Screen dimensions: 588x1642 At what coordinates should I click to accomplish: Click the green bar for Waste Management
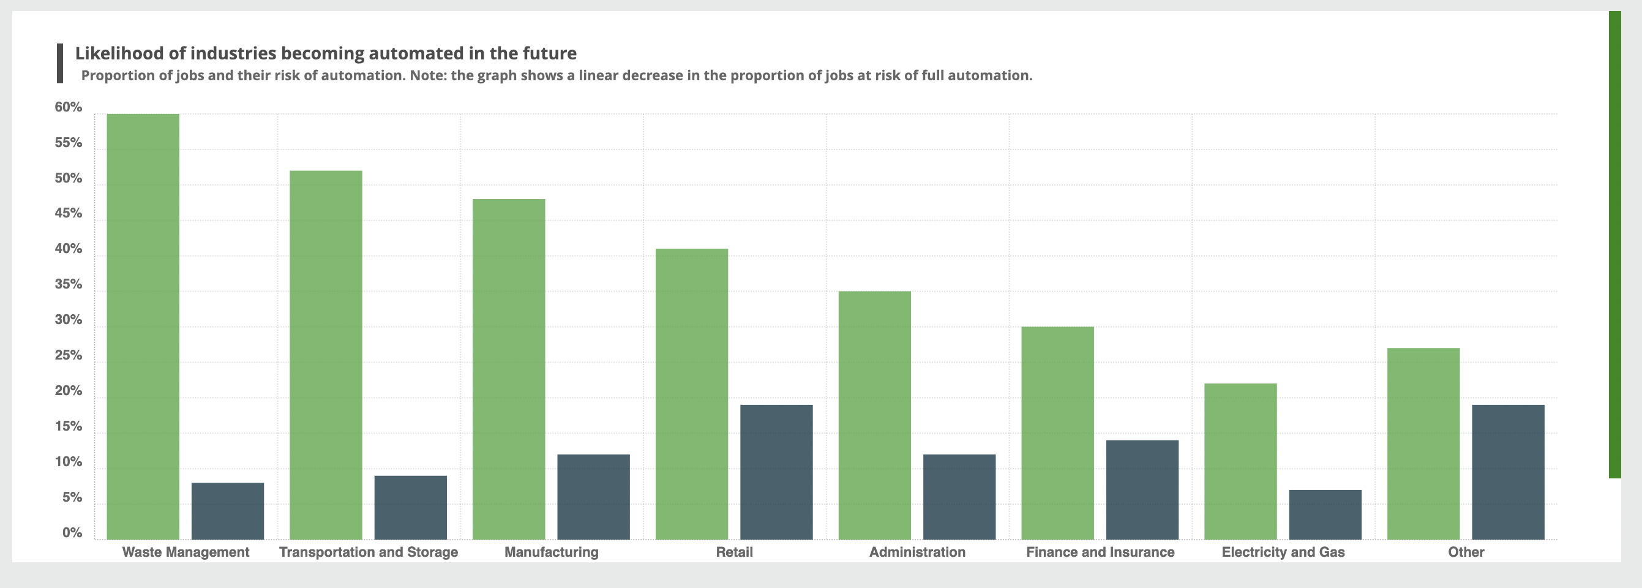(x=143, y=326)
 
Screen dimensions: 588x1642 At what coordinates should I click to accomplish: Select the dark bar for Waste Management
(x=228, y=511)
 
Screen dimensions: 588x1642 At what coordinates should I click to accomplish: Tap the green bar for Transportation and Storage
(x=326, y=355)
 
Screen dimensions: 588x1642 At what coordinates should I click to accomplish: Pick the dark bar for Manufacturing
(x=593, y=497)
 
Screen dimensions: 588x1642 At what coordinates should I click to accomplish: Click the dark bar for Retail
(x=776, y=472)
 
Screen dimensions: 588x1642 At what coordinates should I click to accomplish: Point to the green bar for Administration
(x=874, y=415)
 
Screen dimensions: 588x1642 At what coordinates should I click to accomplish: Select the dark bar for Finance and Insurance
(x=1142, y=490)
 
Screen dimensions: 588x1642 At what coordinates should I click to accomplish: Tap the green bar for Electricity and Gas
(x=1240, y=461)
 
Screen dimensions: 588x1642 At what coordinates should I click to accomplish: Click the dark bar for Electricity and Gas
(x=1325, y=514)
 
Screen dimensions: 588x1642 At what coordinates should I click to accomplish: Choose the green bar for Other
(x=1423, y=443)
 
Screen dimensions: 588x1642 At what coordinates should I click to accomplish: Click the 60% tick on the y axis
(x=68, y=107)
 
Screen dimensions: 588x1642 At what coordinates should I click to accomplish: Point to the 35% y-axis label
(x=68, y=284)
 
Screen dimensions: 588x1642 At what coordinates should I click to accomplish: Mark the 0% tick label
(x=72, y=532)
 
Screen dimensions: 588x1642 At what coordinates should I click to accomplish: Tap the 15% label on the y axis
(x=68, y=426)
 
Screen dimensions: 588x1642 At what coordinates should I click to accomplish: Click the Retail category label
(x=734, y=552)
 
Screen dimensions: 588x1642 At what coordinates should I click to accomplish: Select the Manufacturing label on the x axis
(x=552, y=552)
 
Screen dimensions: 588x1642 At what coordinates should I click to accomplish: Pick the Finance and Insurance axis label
(x=1100, y=552)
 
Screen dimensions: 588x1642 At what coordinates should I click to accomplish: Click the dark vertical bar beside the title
(x=60, y=63)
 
